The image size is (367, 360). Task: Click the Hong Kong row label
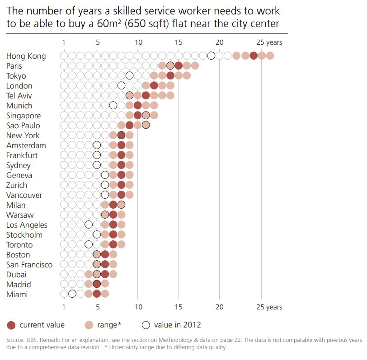click(x=26, y=56)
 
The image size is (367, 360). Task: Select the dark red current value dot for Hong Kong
click(x=254, y=56)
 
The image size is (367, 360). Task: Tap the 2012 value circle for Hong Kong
click(x=212, y=56)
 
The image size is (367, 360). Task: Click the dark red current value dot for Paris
click(x=179, y=66)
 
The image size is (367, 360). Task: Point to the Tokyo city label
click(x=16, y=76)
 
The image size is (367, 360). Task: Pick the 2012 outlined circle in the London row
click(x=121, y=86)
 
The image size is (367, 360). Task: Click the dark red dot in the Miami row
click(x=97, y=294)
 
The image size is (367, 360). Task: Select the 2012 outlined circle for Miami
click(x=72, y=294)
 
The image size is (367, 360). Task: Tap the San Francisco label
click(x=29, y=265)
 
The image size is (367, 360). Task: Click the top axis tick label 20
click(x=220, y=42)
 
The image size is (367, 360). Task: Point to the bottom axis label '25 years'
click(x=269, y=307)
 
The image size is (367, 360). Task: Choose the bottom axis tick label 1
click(x=64, y=307)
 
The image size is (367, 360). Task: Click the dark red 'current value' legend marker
click(x=12, y=325)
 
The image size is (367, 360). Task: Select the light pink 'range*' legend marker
click(x=89, y=325)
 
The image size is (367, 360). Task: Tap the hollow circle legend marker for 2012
click(x=146, y=325)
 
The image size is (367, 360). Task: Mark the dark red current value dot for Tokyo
click(x=170, y=76)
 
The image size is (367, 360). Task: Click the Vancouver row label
click(x=24, y=195)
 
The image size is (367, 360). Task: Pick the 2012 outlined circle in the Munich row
click(x=113, y=106)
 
